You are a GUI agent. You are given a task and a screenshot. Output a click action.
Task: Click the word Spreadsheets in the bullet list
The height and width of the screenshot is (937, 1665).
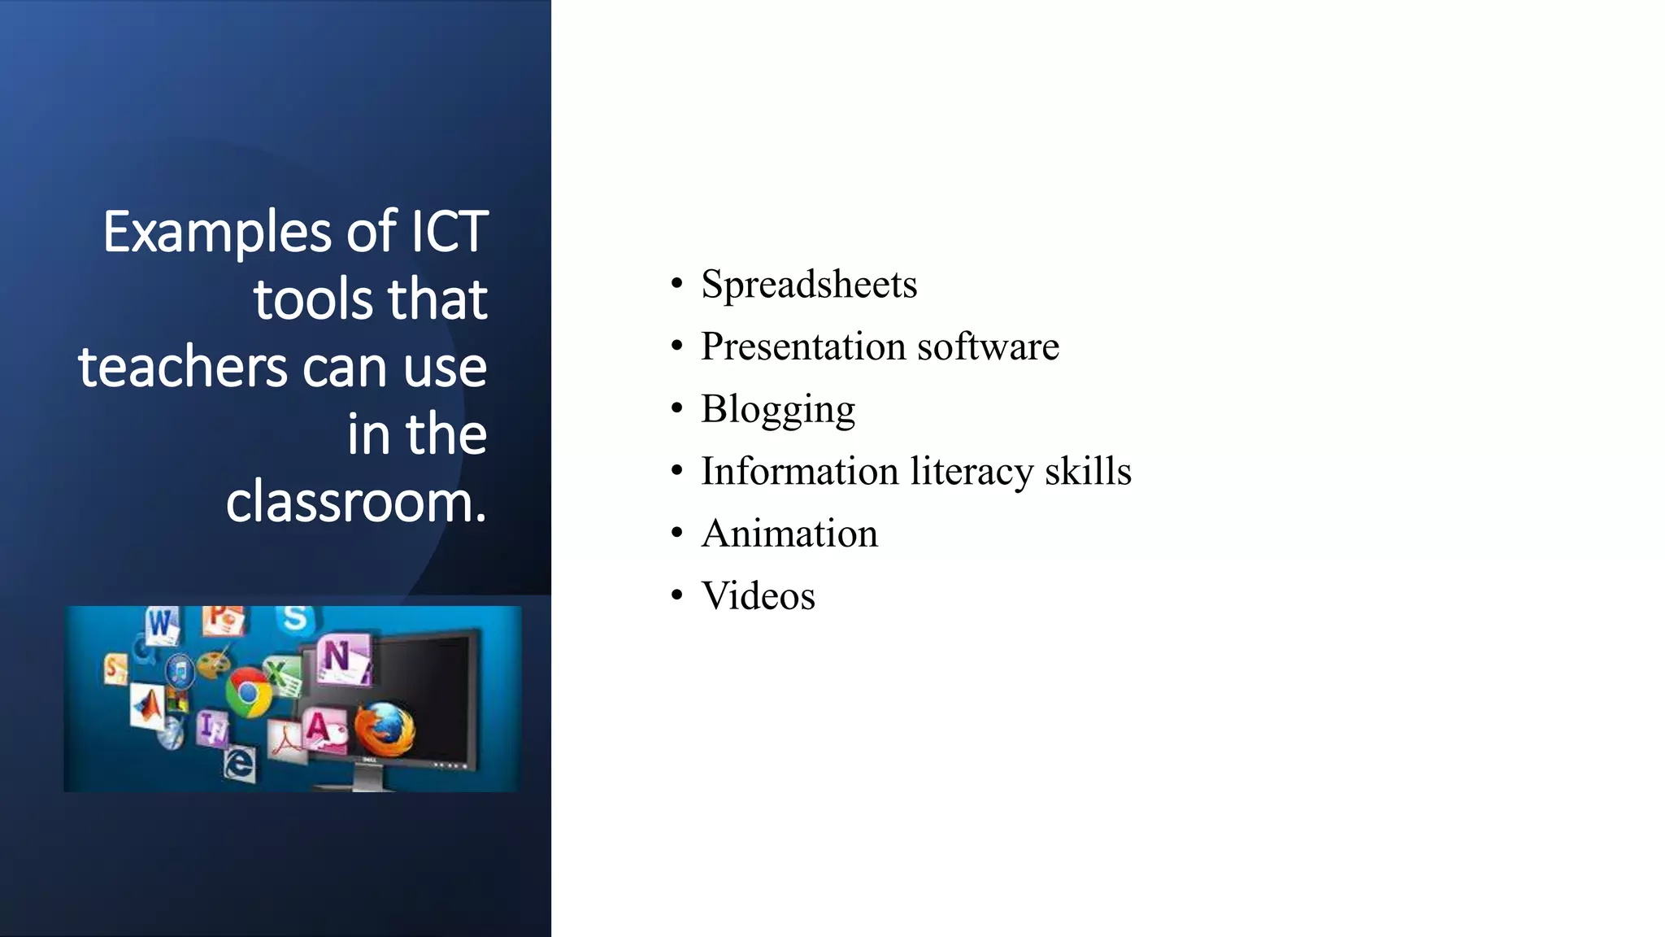pyautogui.click(x=809, y=285)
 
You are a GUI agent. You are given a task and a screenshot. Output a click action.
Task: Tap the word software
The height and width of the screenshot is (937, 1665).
pyautogui.click(x=988, y=346)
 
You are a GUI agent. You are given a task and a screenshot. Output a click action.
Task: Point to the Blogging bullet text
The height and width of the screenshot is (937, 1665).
pyautogui.click(x=778, y=409)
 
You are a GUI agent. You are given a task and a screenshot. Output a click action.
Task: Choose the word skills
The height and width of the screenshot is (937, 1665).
pyautogui.click(x=1088, y=471)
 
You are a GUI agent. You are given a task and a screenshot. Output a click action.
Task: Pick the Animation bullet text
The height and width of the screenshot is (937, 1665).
pyautogui.click(x=789, y=534)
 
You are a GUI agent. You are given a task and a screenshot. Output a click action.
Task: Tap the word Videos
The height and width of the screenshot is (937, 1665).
pyautogui.click(x=758, y=596)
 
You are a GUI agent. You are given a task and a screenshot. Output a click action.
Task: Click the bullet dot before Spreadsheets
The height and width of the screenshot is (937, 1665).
pyautogui.click(x=676, y=285)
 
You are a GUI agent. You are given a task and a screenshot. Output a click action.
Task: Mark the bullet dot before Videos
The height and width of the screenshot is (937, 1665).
pyautogui.click(x=676, y=596)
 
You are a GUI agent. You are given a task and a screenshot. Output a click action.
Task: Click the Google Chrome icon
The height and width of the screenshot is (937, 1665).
pyautogui.click(x=248, y=691)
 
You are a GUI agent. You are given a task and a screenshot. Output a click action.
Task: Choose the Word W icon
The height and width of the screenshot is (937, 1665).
pyautogui.click(x=162, y=624)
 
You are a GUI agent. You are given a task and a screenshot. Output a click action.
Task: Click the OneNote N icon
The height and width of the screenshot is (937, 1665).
pyautogui.click(x=339, y=657)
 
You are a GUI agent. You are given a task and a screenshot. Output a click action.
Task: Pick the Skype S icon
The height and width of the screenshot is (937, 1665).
pyautogui.click(x=294, y=618)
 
